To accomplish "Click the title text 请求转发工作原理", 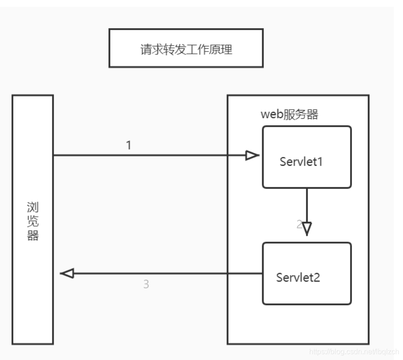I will [x=186, y=49].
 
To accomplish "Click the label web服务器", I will [x=289, y=115].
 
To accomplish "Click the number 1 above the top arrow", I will [x=129, y=145].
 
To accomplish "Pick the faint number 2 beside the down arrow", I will [x=299, y=225].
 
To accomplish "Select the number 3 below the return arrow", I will [x=146, y=285].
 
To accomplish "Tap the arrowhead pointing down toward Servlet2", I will [x=307, y=228].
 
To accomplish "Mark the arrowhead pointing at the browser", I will [x=67, y=274].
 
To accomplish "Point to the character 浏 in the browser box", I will [x=32, y=206].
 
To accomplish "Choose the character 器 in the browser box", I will [x=32, y=236].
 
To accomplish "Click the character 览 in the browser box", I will [x=32, y=221].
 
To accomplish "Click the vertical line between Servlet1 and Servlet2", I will [x=307, y=205].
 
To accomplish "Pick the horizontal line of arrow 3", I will [x=166, y=274].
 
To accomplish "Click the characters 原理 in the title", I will [x=223, y=49].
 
